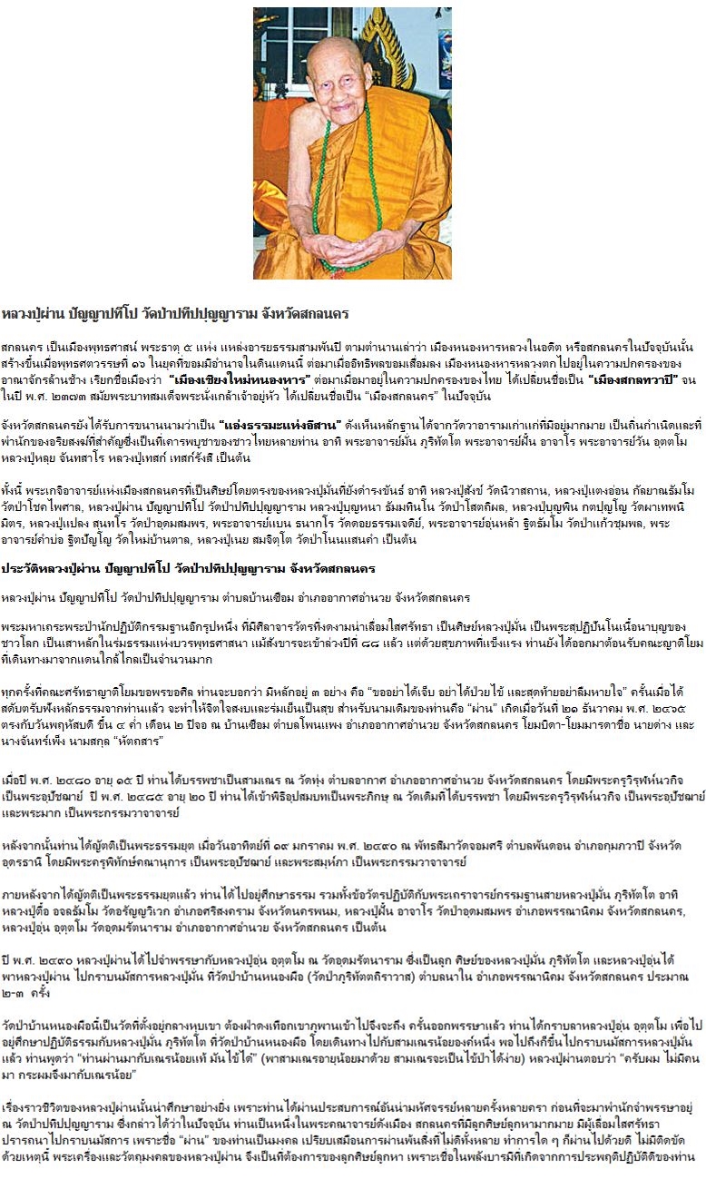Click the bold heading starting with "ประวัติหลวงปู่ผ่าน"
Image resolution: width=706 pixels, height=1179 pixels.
pos(192,568)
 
